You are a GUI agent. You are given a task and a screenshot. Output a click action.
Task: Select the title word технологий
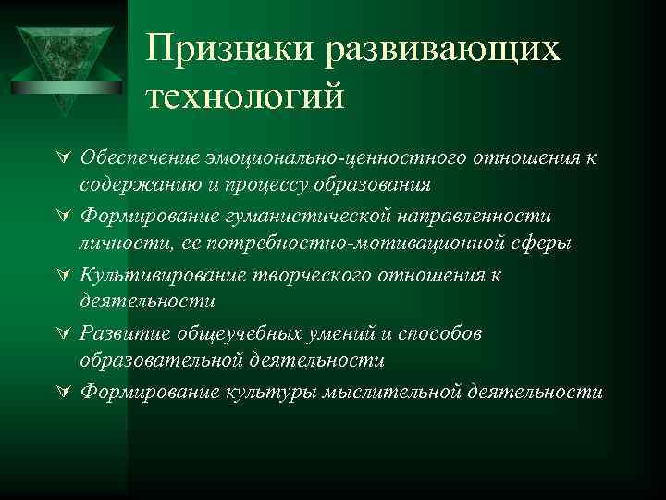tap(244, 96)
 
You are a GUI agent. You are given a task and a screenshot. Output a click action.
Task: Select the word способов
tap(440, 332)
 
